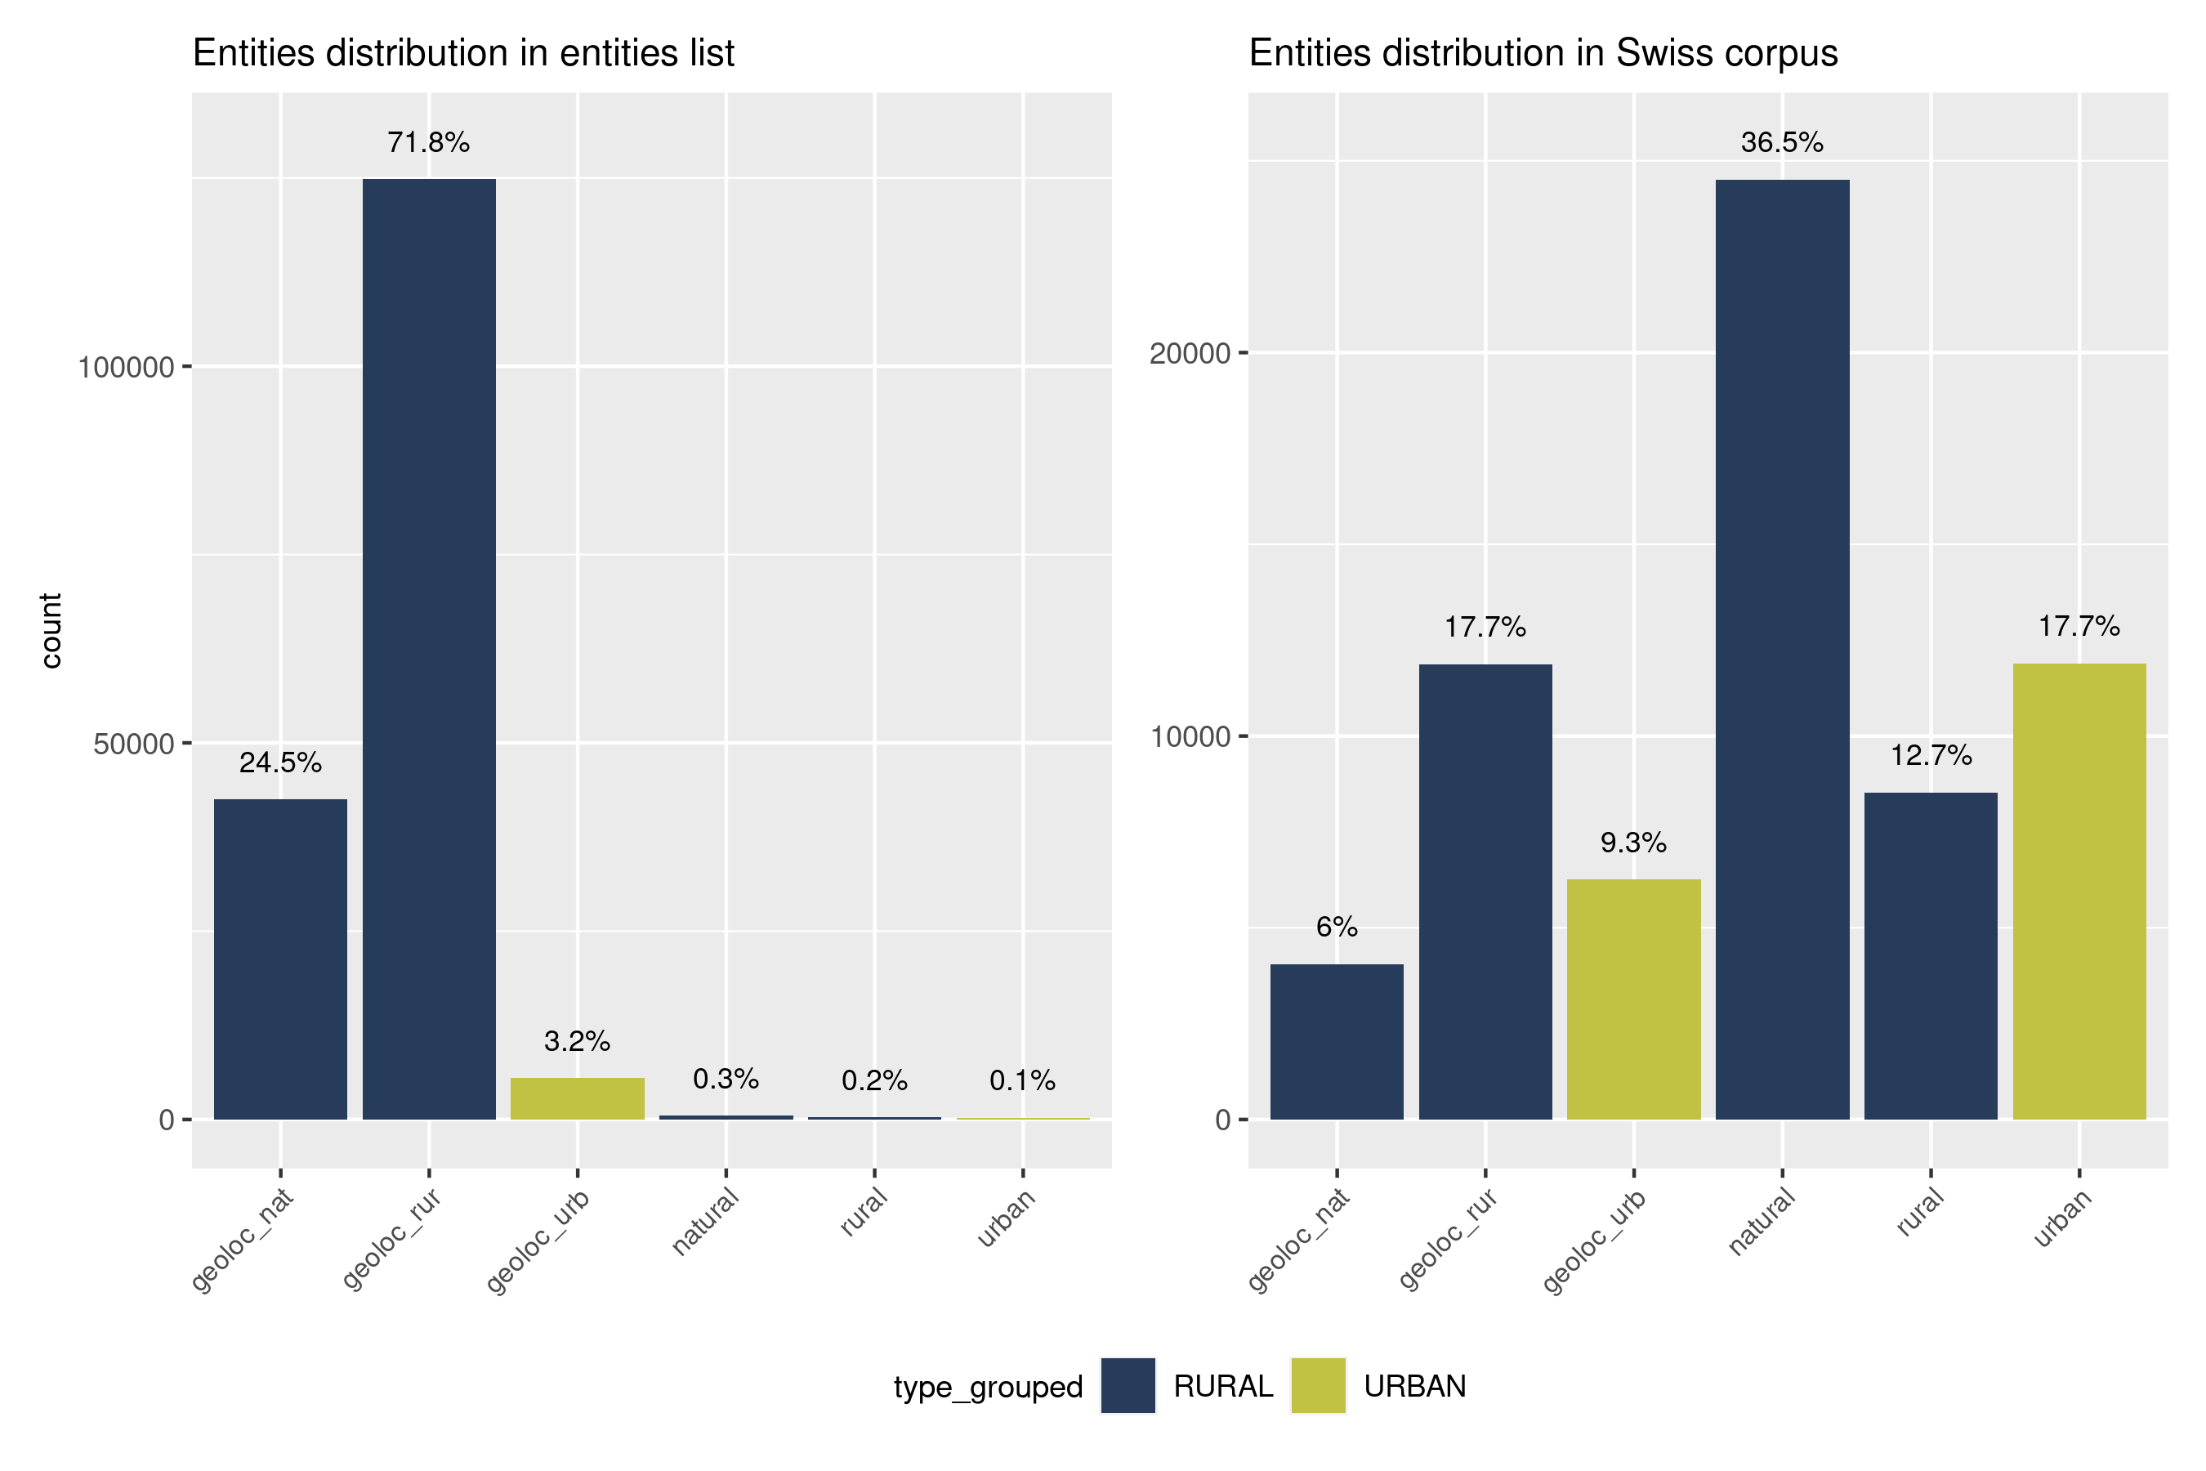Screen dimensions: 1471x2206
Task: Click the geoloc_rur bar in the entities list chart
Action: click(429, 647)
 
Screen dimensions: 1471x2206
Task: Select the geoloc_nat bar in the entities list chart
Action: click(280, 958)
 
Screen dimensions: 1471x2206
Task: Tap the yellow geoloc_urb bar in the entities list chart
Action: click(577, 1098)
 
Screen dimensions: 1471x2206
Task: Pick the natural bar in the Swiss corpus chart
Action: click(1782, 647)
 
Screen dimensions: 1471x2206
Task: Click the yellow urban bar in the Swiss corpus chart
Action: click(2079, 892)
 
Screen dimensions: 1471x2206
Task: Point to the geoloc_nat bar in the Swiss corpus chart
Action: click(1337, 1041)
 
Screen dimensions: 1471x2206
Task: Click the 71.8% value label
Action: click(429, 142)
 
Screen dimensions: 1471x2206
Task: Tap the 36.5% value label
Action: click(1782, 142)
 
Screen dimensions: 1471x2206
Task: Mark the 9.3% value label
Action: click(1633, 843)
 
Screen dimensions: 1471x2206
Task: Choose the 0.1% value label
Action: click(1022, 1080)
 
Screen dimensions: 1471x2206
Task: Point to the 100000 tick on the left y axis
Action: click(127, 367)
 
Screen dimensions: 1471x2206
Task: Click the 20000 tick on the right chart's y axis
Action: click(1190, 354)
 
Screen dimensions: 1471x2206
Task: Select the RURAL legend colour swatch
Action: click(1128, 1386)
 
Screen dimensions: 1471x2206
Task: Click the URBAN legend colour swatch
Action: click(1318, 1386)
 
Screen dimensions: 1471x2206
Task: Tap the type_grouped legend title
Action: click(988, 1387)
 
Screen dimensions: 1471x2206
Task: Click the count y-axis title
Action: click(51, 630)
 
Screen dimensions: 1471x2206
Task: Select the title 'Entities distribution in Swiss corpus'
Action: click(1543, 53)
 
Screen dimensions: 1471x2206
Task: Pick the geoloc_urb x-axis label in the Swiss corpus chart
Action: click(1595, 1241)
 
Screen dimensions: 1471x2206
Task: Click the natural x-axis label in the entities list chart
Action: click(706, 1222)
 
